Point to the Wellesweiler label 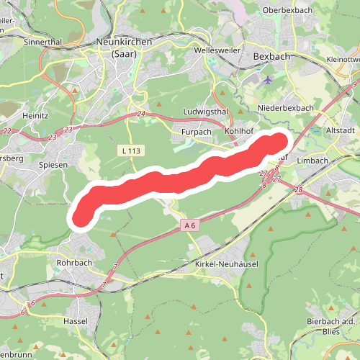[x=217, y=53]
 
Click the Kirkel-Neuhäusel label [x=227, y=265]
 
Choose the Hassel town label [x=76, y=320]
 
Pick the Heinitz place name [x=35, y=115]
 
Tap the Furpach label [x=197, y=132]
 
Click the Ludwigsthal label [x=205, y=112]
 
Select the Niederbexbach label [x=286, y=108]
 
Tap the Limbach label [x=312, y=161]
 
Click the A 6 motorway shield [x=189, y=225]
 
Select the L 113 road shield [x=130, y=150]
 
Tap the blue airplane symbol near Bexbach [x=269, y=79]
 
